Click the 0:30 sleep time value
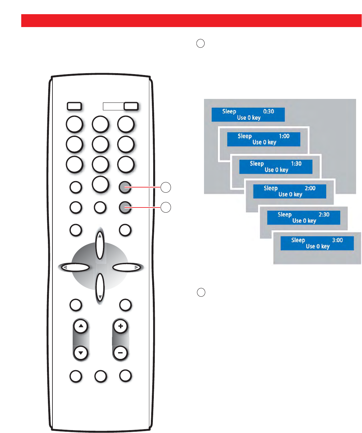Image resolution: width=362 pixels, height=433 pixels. coord(268,111)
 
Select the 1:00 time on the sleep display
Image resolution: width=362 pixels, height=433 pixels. coord(284,136)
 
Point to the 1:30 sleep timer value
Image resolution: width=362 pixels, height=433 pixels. coord(296,164)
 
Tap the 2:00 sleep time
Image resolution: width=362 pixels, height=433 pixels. coord(310,188)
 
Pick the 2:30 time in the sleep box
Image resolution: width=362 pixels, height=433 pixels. coord(324,215)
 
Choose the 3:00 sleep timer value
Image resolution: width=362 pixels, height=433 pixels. coord(337,240)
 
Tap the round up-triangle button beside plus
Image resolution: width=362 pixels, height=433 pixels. coord(81,326)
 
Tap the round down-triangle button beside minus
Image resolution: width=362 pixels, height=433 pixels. coord(81,353)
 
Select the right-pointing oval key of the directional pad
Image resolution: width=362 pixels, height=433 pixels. coord(127,267)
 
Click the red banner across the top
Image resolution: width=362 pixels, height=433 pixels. coord(191,21)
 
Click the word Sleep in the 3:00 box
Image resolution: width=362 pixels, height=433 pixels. coord(298,240)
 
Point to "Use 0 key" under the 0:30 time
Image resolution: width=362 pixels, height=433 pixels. coord(249,118)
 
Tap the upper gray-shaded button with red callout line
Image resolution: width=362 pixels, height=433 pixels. coord(125,187)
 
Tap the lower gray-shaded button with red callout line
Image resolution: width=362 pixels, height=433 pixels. coord(125,207)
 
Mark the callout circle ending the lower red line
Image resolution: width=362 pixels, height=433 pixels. coord(166,207)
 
